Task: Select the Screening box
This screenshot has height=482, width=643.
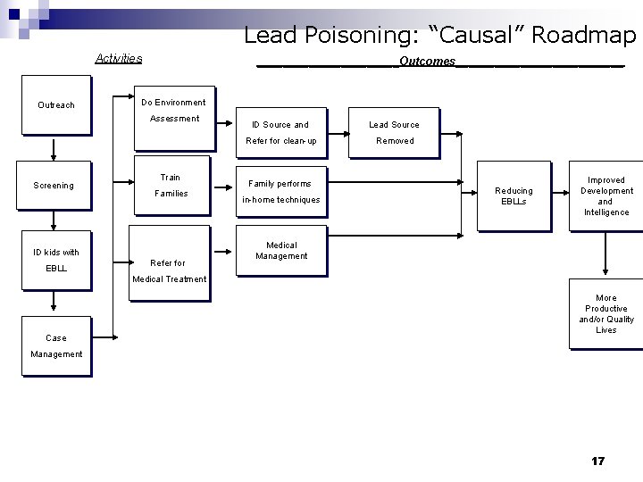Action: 54,187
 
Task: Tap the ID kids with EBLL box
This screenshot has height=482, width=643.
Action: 55,260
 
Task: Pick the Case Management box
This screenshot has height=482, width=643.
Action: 56,345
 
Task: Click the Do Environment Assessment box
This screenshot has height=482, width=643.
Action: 173,110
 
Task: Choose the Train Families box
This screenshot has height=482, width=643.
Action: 171,185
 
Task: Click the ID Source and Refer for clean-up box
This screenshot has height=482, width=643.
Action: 280,132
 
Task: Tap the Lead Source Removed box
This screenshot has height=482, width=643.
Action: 394,132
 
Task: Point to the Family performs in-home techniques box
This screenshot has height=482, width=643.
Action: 280,192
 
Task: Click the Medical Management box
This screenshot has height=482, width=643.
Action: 280,251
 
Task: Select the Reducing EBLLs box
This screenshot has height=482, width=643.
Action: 514,196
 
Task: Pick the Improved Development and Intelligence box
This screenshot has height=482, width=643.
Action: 605,196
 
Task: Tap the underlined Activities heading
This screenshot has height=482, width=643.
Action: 119,59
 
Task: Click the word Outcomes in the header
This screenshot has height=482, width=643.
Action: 427,62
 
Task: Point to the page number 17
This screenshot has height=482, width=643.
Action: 597,461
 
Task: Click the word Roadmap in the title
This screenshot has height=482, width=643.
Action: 585,35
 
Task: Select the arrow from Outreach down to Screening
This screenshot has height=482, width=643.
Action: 55,148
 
